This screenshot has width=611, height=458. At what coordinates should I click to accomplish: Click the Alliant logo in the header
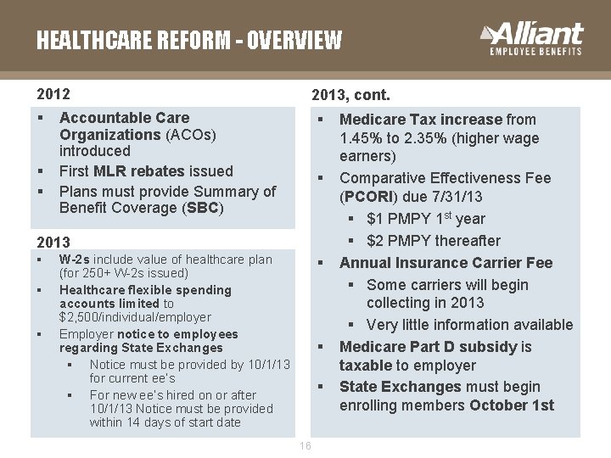(x=532, y=39)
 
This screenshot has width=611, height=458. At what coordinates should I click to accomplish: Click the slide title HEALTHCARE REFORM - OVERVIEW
(x=188, y=40)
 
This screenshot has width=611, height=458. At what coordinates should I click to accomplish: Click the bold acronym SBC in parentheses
(x=204, y=208)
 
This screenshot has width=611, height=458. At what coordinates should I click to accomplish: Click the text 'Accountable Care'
(x=124, y=118)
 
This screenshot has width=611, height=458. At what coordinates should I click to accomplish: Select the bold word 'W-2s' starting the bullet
(x=74, y=260)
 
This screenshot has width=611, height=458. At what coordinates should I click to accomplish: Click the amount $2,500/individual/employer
(x=135, y=317)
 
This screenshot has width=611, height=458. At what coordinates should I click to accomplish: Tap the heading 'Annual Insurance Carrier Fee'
(x=446, y=263)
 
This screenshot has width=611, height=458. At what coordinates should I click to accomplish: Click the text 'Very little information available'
(x=469, y=325)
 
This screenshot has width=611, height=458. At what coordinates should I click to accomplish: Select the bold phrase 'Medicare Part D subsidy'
(x=429, y=346)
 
